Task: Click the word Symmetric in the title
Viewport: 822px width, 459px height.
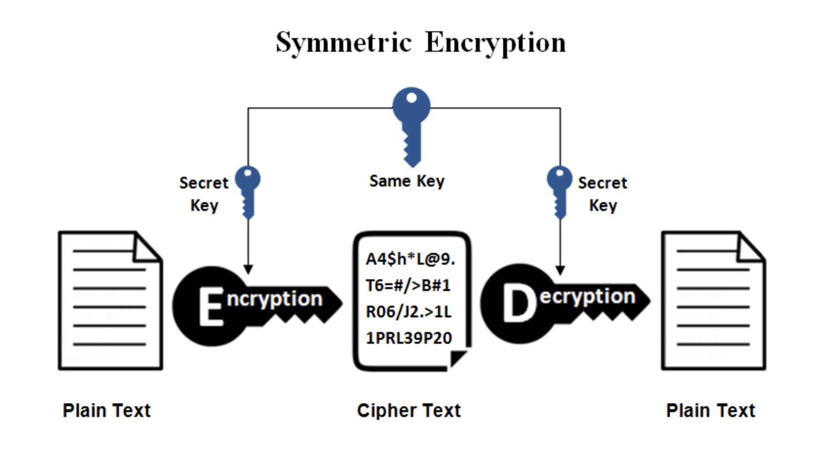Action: [x=344, y=43]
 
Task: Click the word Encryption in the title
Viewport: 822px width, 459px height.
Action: [x=495, y=43]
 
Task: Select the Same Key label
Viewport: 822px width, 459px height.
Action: [x=407, y=181]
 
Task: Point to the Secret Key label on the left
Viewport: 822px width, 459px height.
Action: [x=204, y=193]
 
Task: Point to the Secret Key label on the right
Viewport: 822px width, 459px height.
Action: [x=603, y=193]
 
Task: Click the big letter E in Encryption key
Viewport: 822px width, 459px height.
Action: [x=211, y=307]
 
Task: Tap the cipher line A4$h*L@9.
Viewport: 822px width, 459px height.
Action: [x=410, y=259]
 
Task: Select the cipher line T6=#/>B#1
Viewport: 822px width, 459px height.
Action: [x=408, y=285]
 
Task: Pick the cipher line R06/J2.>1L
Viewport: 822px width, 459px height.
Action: [x=409, y=312]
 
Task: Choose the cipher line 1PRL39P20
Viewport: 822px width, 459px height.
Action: [x=409, y=338]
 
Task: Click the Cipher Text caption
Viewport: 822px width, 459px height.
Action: [x=409, y=411]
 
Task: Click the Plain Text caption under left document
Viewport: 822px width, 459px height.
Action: [x=106, y=411]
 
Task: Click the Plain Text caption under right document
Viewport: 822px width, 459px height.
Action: [x=710, y=411]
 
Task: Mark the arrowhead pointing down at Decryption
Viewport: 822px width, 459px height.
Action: [x=560, y=271]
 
